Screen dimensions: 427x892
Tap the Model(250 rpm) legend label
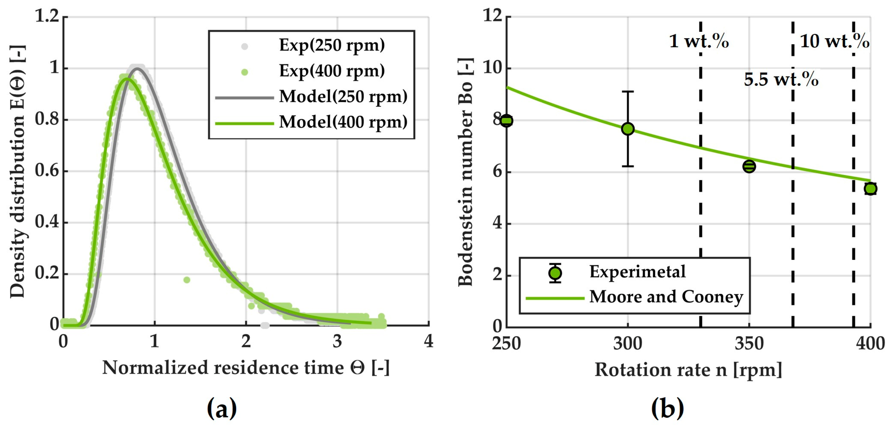343,96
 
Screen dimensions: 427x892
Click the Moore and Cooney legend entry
666,297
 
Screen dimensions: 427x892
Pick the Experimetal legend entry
637,272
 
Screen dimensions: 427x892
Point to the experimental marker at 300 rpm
628,129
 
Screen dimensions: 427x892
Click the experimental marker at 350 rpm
749,167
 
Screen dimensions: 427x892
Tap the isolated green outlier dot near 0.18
187,280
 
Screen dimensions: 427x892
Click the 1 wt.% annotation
699,42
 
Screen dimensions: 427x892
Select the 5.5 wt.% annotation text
781,80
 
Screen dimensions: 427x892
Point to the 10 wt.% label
834,42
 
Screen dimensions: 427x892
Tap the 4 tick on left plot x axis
428,341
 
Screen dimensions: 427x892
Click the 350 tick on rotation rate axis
749,344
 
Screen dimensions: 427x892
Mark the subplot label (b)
667,409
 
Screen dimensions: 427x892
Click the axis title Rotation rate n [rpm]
688,370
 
